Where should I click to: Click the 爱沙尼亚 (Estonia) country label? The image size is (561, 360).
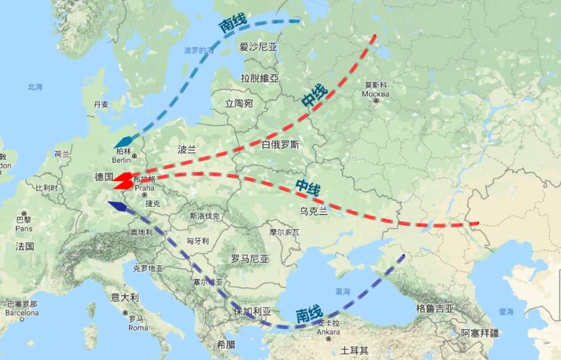[258, 47]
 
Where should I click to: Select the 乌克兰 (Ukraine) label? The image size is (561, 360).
[313, 211]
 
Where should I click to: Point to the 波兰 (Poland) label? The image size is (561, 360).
[187, 149]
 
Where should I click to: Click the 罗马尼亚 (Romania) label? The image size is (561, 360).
[249, 258]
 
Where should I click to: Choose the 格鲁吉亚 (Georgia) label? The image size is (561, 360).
[435, 308]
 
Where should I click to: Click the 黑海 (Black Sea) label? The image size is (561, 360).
[342, 291]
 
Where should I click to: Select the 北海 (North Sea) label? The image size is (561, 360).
[35, 87]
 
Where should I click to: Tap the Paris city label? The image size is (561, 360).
[24, 228]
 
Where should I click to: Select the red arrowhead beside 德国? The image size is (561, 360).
[122, 180]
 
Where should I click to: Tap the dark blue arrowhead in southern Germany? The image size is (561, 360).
[116, 205]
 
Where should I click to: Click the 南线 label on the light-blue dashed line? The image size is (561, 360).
[233, 25]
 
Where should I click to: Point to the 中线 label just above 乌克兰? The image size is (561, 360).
[307, 187]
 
